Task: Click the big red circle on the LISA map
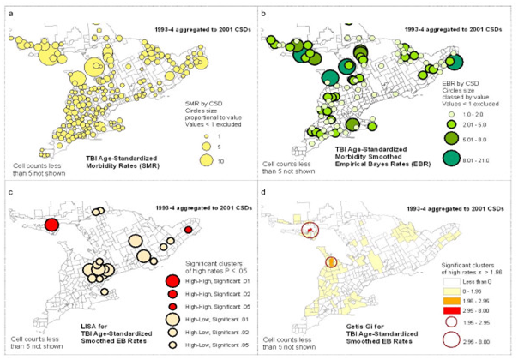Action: coord(51,225)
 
